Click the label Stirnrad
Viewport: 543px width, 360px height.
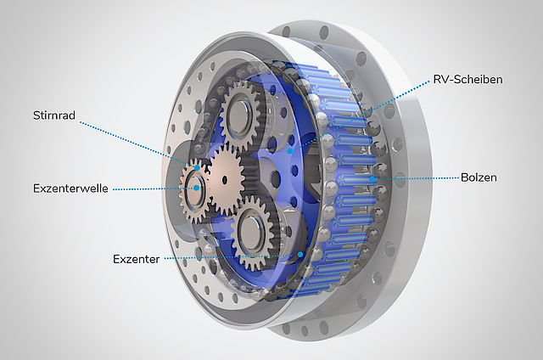click(54, 115)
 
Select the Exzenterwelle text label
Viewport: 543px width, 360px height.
click(70, 188)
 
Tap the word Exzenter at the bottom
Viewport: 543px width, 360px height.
click(136, 259)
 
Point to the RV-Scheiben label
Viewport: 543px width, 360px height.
click(467, 79)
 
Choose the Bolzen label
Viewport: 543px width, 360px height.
click(479, 177)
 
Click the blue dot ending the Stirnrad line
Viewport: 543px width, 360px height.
click(197, 168)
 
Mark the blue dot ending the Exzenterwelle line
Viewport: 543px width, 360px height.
click(197, 188)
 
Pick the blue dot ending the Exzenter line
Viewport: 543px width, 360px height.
click(300, 255)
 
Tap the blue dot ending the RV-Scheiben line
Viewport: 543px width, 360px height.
click(290, 151)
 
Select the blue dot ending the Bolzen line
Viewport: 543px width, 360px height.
click(372, 179)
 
